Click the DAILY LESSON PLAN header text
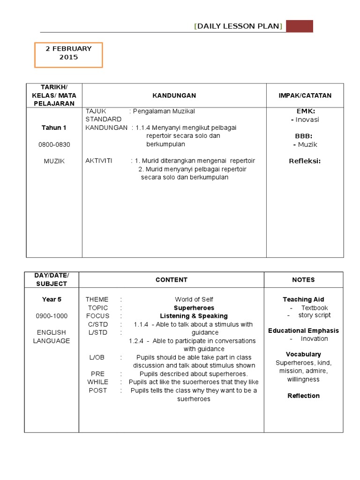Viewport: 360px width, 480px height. (x=238, y=26)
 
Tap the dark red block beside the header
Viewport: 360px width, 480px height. (x=299, y=26)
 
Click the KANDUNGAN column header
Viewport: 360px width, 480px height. (x=174, y=96)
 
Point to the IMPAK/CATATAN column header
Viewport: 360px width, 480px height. (x=305, y=96)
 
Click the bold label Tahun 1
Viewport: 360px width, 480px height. (x=54, y=128)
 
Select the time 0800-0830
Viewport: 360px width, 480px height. (x=54, y=144)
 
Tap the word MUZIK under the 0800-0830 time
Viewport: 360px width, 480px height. (x=54, y=161)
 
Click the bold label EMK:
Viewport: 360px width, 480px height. (x=306, y=111)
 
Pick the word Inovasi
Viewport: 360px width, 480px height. (x=307, y=120)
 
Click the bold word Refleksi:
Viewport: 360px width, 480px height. (x=305, y=161)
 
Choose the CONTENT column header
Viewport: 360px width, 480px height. (x=171, y=280)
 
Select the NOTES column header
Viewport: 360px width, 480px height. (x=303, y=280)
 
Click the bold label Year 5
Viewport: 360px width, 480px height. (x=52, y=300)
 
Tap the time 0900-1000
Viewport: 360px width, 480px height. (x=52, y=316)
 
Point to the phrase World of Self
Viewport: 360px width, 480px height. (x=194, y=300)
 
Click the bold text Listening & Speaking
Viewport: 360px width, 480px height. (x=194, y=316)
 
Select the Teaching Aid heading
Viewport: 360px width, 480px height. (x=303, y=300)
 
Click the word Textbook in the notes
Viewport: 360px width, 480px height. (x=314, y=308)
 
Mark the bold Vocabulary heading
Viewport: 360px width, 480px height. (x=303, y=354)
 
